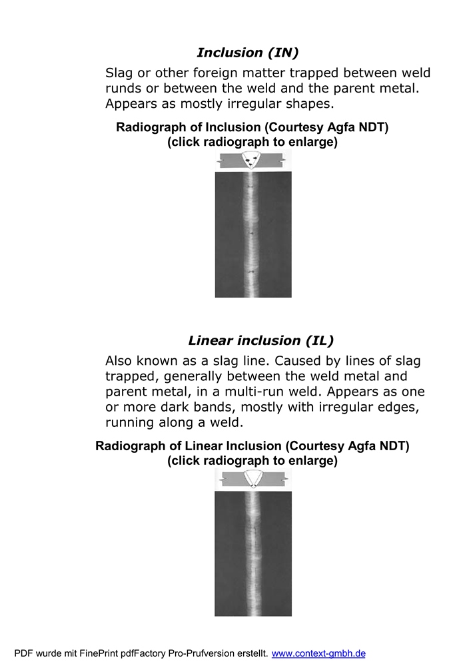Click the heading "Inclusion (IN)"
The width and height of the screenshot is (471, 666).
[247, 53]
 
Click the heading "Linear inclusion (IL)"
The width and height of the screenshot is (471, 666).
[260, 340]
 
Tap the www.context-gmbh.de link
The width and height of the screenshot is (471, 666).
[318, 653]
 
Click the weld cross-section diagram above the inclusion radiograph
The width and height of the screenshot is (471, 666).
[252, 160]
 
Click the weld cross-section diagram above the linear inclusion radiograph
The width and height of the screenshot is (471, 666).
[252, 478]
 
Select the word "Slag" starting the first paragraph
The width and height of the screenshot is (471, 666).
[119, 73]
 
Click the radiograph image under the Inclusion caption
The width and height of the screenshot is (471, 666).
[252, 234]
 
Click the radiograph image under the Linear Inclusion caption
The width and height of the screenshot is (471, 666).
[252, 552]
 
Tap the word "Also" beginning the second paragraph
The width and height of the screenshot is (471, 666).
[121, 361]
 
